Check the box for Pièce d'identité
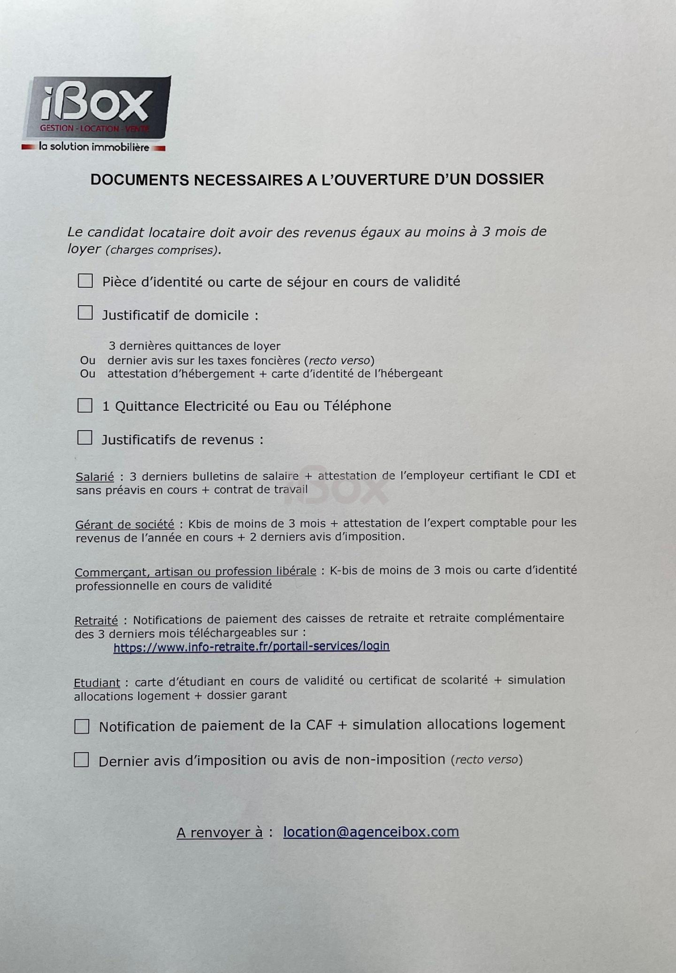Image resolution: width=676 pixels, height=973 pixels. click(x=85, y=281)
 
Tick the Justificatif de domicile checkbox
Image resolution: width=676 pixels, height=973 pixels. click(x=85, y=314)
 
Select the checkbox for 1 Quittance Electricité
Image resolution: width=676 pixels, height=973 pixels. click(x=85, y=406)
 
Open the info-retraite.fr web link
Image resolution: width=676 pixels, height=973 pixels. click(x=251, y=646)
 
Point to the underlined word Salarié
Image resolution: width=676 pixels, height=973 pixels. click(x=95, y=477)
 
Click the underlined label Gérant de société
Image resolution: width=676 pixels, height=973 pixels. click(x=125, y=525)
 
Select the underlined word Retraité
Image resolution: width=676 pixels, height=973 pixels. click(x=96, y=621)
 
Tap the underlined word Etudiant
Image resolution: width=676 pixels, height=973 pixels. click(x=97, y=683)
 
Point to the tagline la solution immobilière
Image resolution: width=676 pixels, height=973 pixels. click(x=94, y=148)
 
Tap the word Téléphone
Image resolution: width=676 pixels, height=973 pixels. click(x=357, y=406)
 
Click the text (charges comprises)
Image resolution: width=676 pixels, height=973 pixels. click(x=163, y=251)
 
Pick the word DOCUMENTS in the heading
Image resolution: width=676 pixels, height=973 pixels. click(x=140, y=180)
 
